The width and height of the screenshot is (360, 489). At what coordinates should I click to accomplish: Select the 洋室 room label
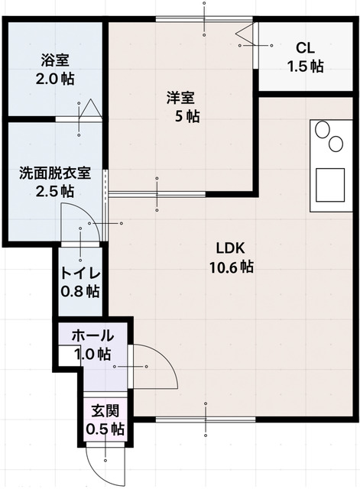click(x=181, y=99)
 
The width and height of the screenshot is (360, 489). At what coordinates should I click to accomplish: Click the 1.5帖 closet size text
click(x=305, y=66)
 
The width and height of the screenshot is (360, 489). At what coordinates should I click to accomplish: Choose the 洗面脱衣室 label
click(x=55, y=173)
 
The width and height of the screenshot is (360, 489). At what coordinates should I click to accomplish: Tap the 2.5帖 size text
click(x=55, y=191)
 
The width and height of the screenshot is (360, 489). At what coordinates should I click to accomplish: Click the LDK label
click(x=229, y=249)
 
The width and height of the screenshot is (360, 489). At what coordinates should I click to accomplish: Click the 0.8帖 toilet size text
click(x=81, y=291)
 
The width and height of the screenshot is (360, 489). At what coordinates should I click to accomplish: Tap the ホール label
click(x=92, y=336)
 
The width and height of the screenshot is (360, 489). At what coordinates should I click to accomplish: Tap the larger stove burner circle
click(x=322, y=131)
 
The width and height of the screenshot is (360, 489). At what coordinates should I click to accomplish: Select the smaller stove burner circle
click(x=336, y=144)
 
